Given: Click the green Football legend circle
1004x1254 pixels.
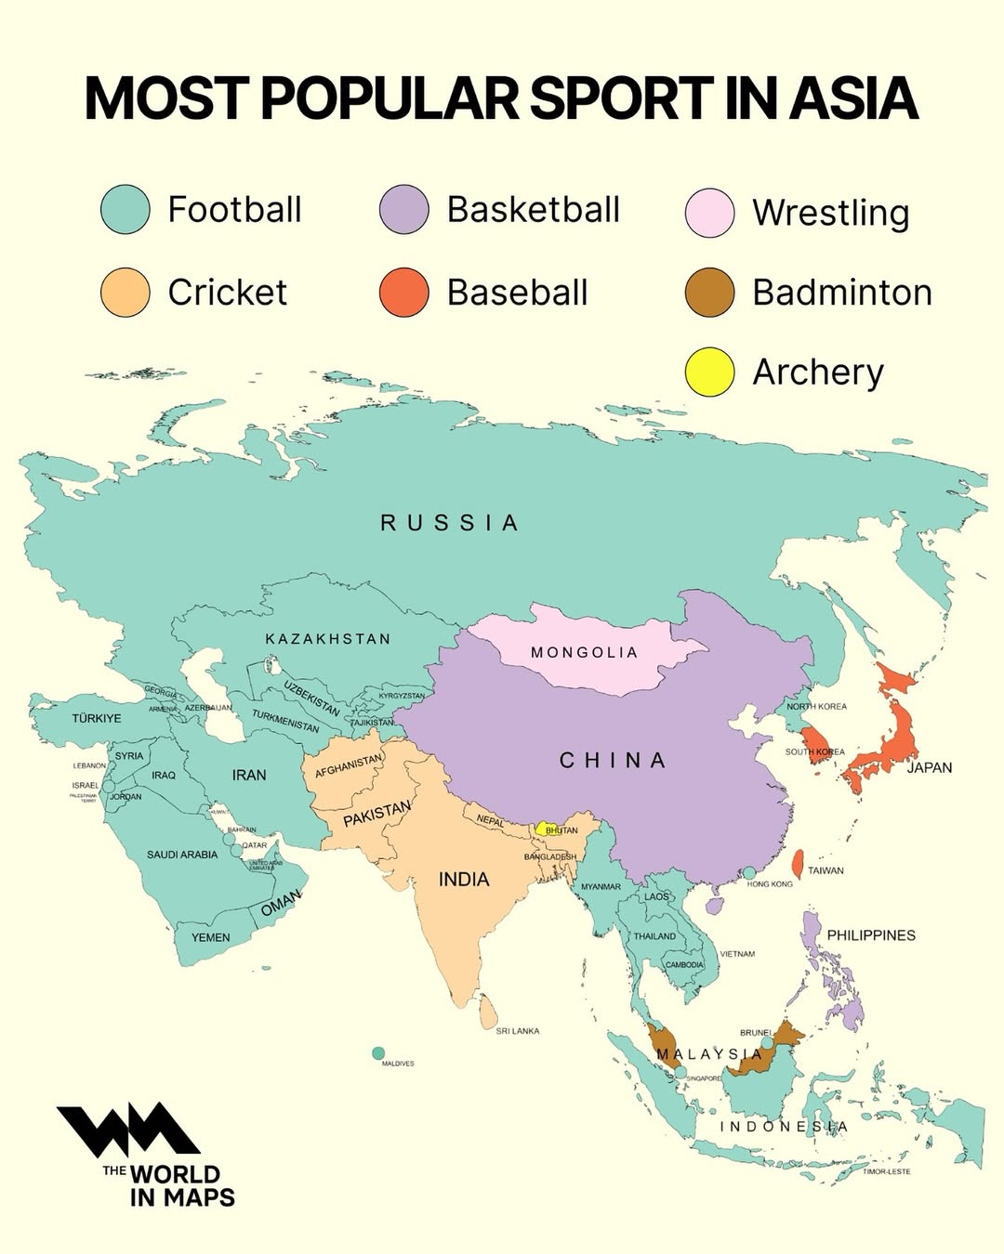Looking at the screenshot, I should pyautogui.click(x=125, y=210).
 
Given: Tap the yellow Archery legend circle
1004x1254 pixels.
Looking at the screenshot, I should pyautogui.click(x=709, y=372).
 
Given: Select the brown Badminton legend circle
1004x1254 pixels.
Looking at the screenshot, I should pyautogui.click(x=709, y=293).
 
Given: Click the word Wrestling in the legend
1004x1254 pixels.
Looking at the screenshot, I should pyautogui.click(x=830, y=213).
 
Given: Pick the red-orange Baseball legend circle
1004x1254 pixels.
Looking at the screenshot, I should pyautogui.click(x=404, y=293).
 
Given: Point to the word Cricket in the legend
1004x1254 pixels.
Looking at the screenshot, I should pyautogui.click(x=228, y=293).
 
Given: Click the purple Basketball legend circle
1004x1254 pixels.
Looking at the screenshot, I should pyautogui.click(x=404, y=210).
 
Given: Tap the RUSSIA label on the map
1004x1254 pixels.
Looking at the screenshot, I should pyautogui.click(x=450, y=523).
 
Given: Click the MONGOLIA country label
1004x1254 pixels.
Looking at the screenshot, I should pyautogui.click(x=585, y=652).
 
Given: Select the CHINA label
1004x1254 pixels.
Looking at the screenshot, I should pyautogui.click(x=614, y=761).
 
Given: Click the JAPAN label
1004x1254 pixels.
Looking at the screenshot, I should pyautogui.click(x=930, y=767).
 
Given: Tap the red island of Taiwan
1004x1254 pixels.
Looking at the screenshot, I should pyautogui.click(x=798, y=864).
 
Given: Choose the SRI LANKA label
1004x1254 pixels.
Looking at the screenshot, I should pyautogui.click(x=518, y=1031).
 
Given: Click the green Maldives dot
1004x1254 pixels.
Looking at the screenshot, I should pyautogui.click(x=378, y=1053).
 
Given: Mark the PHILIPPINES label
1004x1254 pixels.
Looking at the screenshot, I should pyautogui.click(x=871, y=935).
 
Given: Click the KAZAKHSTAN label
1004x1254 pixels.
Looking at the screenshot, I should pyautogui.click(x=328, y=639).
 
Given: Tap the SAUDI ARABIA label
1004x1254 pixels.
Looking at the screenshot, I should pyautogui.click(x=182, y=855).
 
